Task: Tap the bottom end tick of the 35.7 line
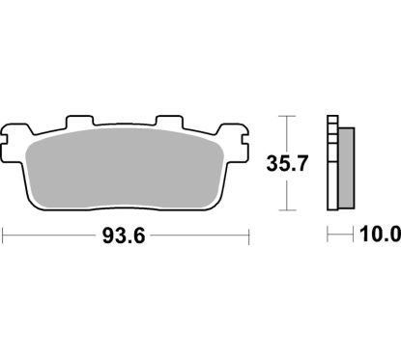coord(287,209)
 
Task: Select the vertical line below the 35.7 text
coord(287,193)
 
